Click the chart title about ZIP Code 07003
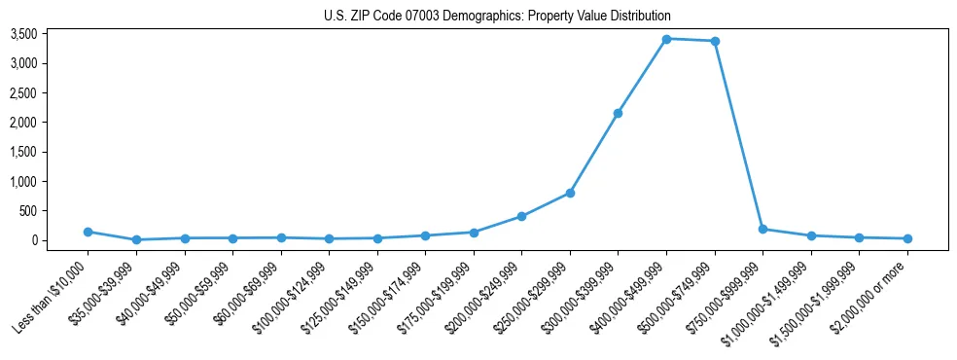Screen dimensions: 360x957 click(497, 16)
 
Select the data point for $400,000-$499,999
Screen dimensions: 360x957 click(666, 39)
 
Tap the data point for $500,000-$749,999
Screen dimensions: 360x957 click(715, 41)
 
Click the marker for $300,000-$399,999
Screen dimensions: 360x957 click(619, 113)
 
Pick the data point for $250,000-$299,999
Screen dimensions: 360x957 click(570, 193)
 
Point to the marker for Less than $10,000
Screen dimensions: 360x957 click(88, 232)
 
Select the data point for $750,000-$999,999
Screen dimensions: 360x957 click(762, 229)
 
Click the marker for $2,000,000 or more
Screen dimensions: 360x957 click(907, 238)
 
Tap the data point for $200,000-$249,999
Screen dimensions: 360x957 click(522, 216)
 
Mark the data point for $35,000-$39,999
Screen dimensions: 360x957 click(136, 239)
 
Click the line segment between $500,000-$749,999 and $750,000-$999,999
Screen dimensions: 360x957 click(739, 135)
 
